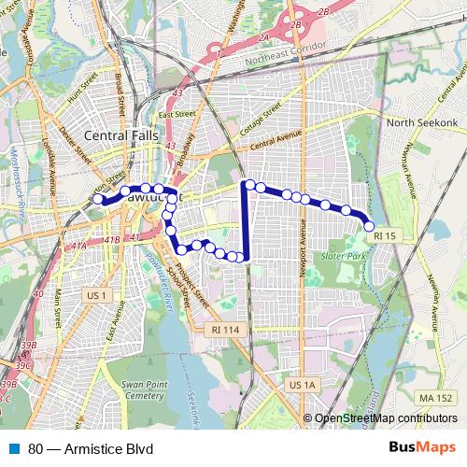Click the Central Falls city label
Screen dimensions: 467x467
point(122,136)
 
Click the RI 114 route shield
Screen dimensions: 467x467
point(224,330)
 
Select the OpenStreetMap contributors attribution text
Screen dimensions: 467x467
point(385,417)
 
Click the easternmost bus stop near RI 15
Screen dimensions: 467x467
point(370,226)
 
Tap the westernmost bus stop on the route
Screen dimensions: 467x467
point(98,198)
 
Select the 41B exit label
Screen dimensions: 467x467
point(111,241)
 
